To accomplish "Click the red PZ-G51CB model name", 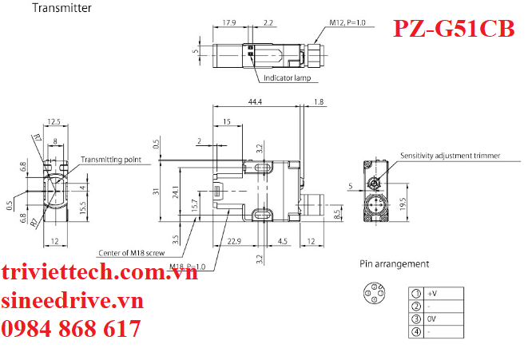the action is pyautogui.click(x=454, y=29).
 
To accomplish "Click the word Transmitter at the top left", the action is pyautogui.click(x=62, y=8).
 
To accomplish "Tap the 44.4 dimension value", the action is pyautogui.click(x=255, y=101).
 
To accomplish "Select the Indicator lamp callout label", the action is pyautogui.click(x=287, y=78).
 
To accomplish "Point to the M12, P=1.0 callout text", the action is pyautogui.click(x=347, y=22).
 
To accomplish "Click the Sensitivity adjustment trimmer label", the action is pyautogui.click(x=451, y=156).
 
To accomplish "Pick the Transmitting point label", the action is pyautogui.click(x=111, y=160).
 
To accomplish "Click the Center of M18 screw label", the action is pyautogui.click(x=132, y=253).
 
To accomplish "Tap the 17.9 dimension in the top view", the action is pyautogui.click(x=229, y=23).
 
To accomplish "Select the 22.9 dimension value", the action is pyautogui.click(x=234, y=241).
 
